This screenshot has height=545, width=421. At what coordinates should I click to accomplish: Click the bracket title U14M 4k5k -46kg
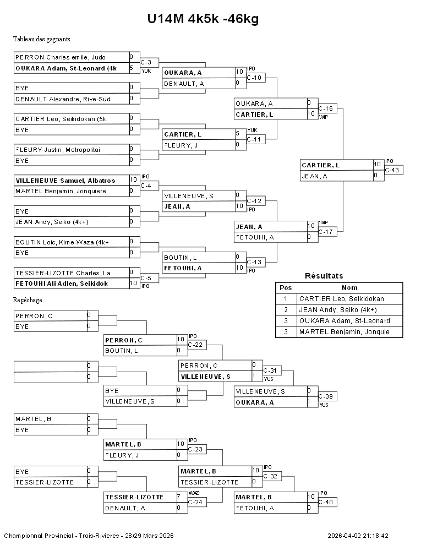(x=203, y=19)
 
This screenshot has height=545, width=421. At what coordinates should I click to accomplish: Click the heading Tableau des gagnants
(x=41, y=39)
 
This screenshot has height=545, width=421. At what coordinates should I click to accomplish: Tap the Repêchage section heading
(x=28, y=300)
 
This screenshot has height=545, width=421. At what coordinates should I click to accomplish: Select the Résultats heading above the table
(x=324, y=276)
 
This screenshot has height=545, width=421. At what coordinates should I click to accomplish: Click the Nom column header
(x=349, y=287)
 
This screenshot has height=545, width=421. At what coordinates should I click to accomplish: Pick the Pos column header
(x=286, y=287)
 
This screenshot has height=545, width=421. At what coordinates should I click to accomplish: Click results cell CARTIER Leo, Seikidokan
(x=341, y=299)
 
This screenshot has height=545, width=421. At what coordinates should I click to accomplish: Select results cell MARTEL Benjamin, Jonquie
(x=344, y=332)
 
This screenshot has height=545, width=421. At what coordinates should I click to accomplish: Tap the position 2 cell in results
(x=286, y=310)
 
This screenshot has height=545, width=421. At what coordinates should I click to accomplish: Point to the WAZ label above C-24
(x=193, y=493)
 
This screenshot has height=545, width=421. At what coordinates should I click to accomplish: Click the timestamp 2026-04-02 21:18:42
(x=358, y=536)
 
